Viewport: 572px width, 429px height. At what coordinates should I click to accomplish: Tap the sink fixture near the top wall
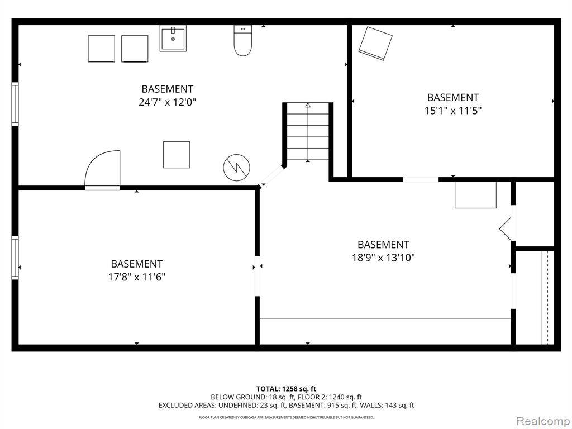173,38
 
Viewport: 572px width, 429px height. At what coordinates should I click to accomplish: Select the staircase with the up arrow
308,132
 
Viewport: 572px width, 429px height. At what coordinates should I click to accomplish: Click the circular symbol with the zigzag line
237,168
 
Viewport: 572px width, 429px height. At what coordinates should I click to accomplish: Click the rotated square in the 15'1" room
375,44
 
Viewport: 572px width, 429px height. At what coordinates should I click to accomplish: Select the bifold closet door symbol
506,228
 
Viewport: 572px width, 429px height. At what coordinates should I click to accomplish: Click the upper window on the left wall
15,104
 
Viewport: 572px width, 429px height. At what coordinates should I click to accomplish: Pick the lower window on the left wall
15,258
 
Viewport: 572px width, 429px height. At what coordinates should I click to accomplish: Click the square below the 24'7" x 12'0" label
177,155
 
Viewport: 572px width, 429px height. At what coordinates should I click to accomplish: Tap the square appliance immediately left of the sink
135,49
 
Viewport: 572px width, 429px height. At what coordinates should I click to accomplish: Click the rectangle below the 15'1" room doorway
476,195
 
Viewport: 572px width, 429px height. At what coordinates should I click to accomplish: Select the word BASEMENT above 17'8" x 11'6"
137,264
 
